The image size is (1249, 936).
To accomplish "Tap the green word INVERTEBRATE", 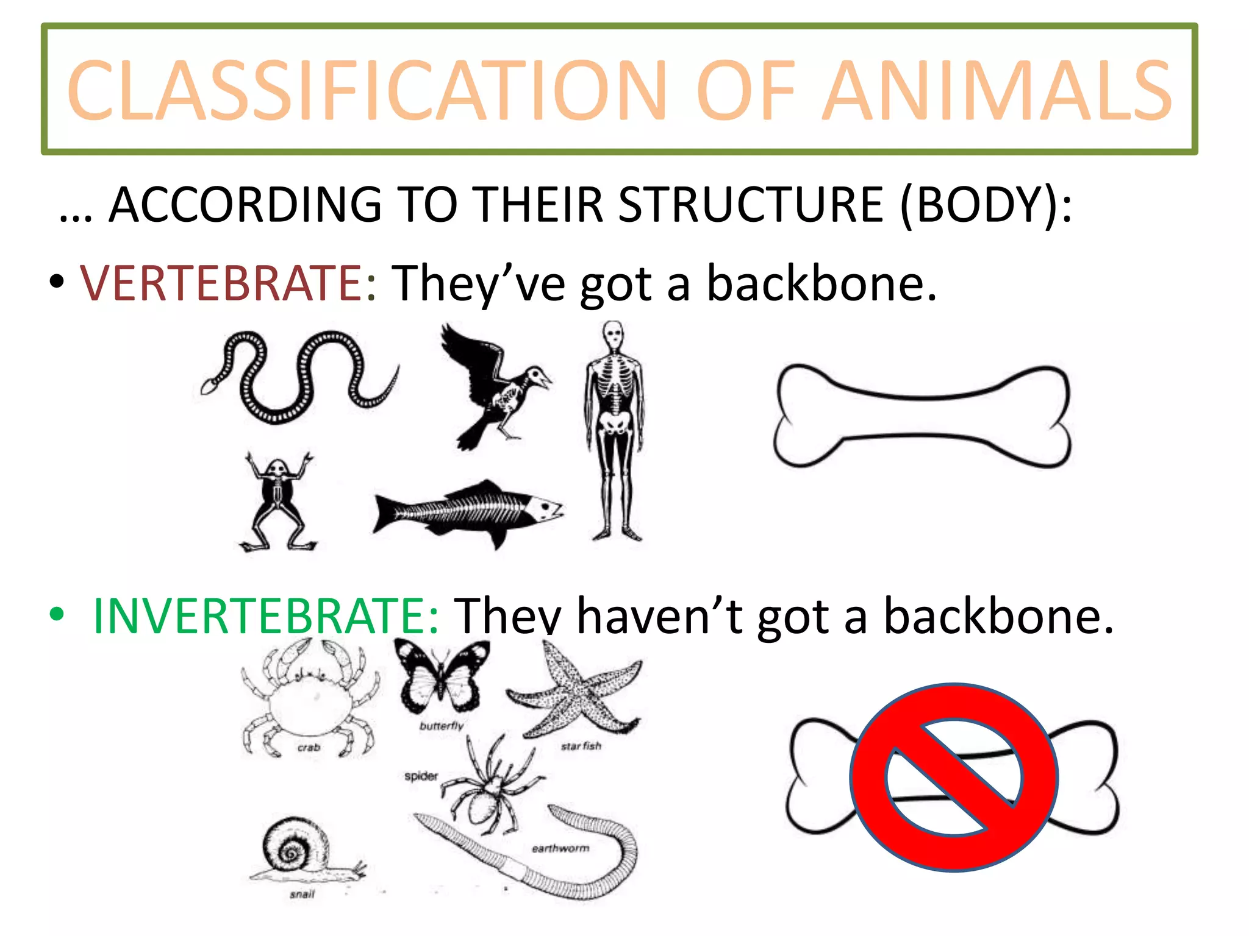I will (x=259, y=616).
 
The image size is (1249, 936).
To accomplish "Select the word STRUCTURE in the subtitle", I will (x=751, y=205).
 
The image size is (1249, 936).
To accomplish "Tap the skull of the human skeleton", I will (x=613, y=335).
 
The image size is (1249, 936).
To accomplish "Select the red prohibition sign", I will (x=954, y=777).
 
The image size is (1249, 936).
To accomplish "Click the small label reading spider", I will (x=421, y=776).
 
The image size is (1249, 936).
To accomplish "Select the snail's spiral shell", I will (x=292, y=847).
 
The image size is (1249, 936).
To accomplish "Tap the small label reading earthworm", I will (x=560, y=848).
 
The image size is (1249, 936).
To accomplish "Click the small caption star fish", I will (x=581, y=746).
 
